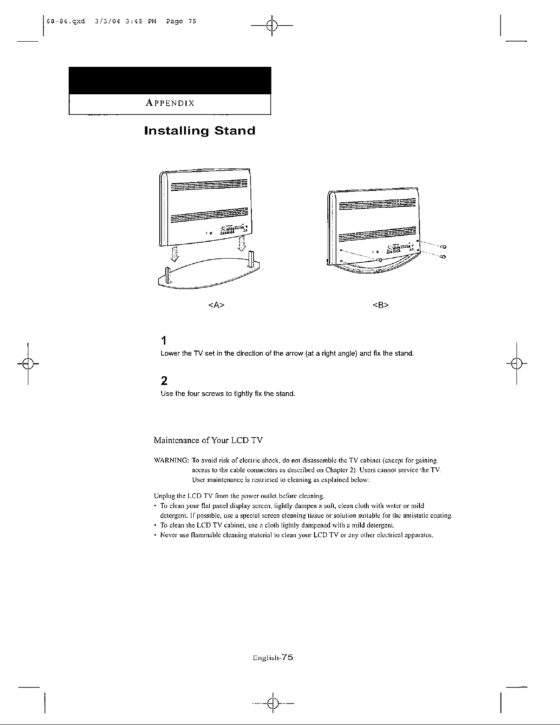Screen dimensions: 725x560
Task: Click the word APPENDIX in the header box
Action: point(169,103)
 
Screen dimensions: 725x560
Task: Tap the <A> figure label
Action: point(216,304)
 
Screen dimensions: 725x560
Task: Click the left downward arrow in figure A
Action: point(174,253)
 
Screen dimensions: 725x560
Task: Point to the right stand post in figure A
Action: point(251,260)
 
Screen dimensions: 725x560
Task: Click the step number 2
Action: point(164,381)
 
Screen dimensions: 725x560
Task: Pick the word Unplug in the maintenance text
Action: point(161,496)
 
